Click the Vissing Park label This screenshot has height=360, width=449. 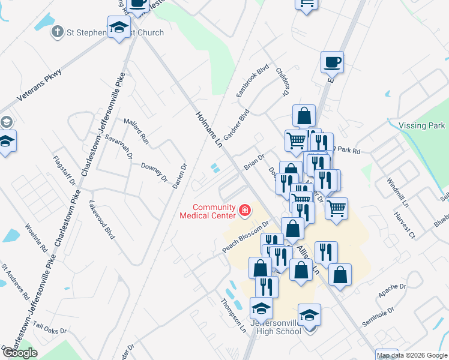coord(421,125)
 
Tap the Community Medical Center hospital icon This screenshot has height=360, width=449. coord(245,210)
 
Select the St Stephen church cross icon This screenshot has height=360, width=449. coord(58,32)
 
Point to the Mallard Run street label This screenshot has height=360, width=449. coord(136,130)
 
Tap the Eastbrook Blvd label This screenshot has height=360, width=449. coord(252,82)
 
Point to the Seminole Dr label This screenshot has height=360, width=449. coord(378,317)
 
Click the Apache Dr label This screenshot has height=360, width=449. coord(393,292)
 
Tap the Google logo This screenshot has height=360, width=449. coord(19,353)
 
